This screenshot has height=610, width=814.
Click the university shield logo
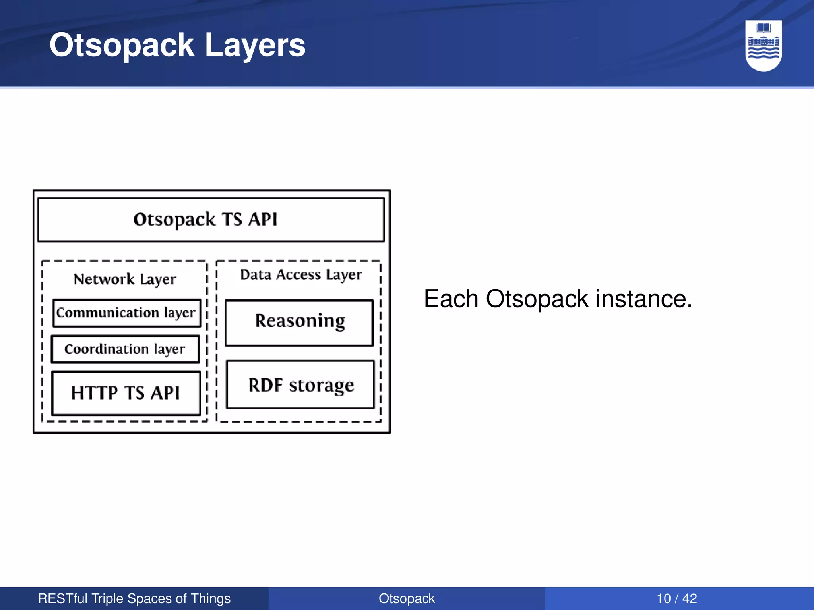coord(764,46)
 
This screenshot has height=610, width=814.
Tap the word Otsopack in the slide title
coord(122,45)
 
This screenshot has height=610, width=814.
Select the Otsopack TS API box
coord(211,220)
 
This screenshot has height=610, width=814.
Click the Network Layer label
coord(124,279)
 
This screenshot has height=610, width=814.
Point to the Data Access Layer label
coord(301,275)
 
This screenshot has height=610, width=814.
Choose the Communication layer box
coord(126,313)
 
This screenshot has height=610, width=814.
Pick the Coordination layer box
coord(125,349)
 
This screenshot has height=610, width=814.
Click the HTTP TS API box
coord(126,393)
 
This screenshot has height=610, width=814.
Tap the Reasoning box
coord(299,322)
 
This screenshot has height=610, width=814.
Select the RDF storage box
coord(300,384)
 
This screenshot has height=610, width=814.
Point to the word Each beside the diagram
coord(451,299)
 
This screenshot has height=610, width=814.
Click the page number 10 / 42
coord(676,598)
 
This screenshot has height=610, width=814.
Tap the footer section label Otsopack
coord(407,598)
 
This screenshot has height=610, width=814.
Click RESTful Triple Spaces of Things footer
coord(134,598)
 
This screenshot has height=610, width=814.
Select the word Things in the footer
coord(210,598)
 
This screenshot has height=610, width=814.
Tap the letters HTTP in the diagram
coord(94,393)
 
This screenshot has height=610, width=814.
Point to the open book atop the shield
coord(764,28)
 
